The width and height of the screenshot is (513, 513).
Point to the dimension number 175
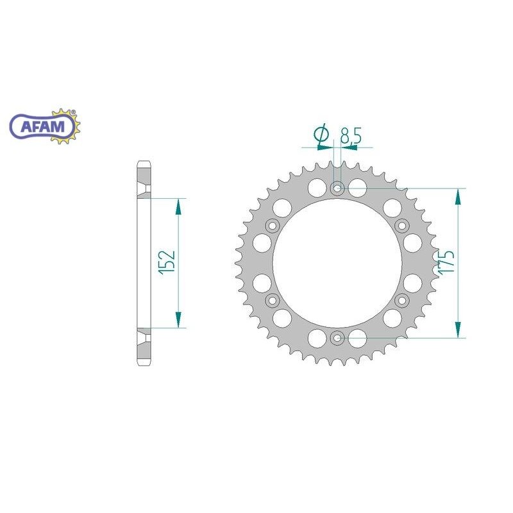(447, 263)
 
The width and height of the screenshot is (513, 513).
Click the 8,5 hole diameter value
(349, 135)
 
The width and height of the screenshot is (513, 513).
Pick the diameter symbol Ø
(323, 134)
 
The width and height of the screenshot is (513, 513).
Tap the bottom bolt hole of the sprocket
(338, 337)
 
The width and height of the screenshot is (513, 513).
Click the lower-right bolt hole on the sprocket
(403, 300)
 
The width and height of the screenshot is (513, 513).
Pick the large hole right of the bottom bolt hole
(359, 338)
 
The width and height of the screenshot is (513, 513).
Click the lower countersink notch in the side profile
(144, 335)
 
